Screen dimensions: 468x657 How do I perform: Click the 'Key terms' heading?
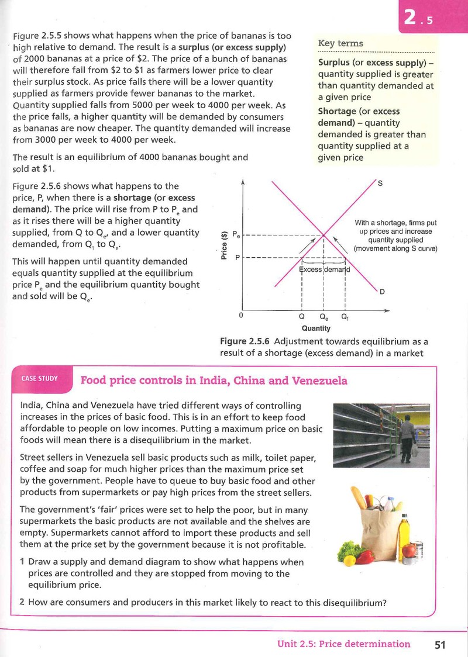340,43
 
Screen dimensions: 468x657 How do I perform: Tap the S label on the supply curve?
380,183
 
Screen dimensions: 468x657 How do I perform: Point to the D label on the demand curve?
382,292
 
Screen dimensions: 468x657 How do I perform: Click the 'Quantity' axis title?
316,328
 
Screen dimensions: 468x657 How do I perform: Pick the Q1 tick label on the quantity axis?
345,317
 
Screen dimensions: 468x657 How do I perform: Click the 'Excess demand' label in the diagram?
325,269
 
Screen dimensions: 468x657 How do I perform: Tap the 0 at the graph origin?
240,314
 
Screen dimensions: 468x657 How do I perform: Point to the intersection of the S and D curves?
324,235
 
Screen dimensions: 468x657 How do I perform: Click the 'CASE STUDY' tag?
39,378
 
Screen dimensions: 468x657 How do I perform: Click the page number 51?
440,644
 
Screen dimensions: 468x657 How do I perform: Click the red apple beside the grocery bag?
408,550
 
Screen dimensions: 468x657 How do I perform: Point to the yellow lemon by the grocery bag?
349,560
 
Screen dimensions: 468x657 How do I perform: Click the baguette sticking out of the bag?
359,498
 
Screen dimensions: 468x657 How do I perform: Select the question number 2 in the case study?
22,603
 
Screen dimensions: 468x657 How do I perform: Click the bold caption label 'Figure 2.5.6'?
245,341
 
